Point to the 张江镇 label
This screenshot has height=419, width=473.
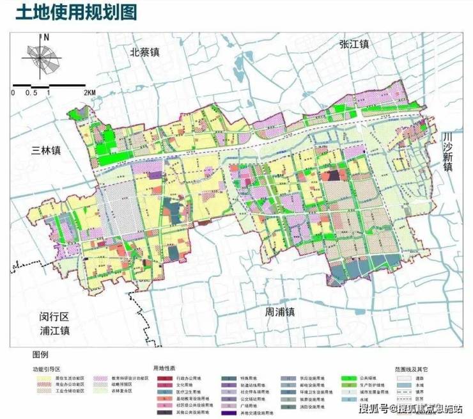(354, 44)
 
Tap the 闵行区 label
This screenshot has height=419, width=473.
(47, 317)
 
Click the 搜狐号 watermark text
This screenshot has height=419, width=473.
(375, 408)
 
